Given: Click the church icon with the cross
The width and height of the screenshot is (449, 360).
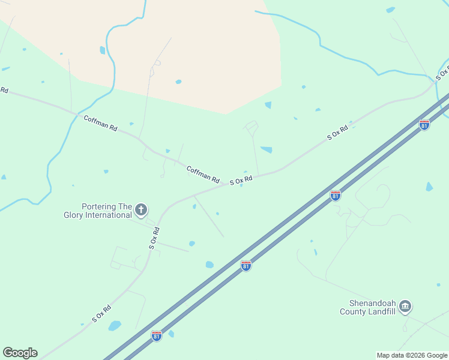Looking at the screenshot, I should pos(141,209).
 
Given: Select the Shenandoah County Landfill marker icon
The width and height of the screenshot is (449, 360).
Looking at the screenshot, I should pos(405,307).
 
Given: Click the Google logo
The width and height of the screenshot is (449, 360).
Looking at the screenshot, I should pos(20,353).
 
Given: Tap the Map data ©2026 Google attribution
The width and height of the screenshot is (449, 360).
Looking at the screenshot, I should pos(412,355).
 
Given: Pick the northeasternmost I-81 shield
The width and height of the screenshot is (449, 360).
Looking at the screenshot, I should pos(424,125).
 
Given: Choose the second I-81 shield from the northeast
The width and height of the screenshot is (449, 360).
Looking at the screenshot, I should pos(336,196).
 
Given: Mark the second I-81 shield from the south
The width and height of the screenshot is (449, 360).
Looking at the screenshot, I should pos(246,265).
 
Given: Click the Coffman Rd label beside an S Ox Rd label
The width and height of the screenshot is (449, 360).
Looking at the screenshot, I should pos(203,173).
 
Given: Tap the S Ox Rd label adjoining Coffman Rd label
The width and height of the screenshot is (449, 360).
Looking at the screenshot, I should pos(241,179).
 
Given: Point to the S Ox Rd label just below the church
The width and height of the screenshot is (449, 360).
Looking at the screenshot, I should pos(155,238).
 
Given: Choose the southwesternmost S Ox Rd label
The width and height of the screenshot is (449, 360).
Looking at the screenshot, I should pos(101,314).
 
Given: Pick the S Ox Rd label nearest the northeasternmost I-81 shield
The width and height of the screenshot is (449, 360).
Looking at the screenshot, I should pos(338,133).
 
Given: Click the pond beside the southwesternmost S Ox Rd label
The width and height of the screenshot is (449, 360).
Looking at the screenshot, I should pos(114,326).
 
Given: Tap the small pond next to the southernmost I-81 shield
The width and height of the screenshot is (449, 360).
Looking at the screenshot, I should pos(171,334).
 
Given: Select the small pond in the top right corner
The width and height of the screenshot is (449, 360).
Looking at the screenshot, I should pos(391,10).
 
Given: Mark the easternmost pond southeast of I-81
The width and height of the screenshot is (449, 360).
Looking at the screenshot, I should pos(429,187).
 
